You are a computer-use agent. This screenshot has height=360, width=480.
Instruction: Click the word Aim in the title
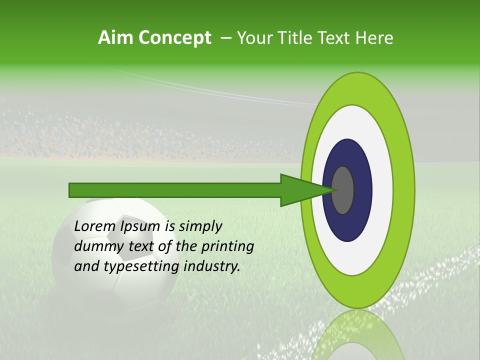tap(115, 37)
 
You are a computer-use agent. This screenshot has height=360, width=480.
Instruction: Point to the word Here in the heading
tap(374, 37)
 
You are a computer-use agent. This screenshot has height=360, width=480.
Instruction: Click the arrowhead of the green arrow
tap(300, 190)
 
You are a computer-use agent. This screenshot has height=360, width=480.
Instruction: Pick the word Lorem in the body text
tap(94, 226)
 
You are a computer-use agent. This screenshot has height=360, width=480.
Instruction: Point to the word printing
tap(227, 247)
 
